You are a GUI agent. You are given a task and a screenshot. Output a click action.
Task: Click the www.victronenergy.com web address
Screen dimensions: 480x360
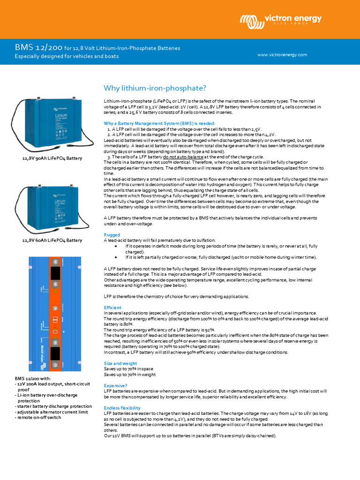[282, 55]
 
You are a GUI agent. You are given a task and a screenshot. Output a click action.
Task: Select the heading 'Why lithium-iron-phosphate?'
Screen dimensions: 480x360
[155, 88]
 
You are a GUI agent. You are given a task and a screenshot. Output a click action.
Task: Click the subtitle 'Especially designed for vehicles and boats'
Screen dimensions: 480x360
[66, 56]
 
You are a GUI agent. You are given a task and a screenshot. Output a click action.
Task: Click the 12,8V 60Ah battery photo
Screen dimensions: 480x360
[52, 207]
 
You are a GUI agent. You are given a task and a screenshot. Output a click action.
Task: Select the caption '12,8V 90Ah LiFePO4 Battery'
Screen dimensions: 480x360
[52, 158]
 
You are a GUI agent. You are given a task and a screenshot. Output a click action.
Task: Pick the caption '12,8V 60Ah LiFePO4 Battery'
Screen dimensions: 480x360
[52, 240]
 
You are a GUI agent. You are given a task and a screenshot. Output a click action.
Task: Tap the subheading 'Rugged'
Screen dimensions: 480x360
[112, 235]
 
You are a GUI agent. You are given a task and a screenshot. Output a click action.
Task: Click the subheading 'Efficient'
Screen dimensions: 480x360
[112, 307]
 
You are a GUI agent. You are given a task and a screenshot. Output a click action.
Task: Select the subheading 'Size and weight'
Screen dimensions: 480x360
[120, 363]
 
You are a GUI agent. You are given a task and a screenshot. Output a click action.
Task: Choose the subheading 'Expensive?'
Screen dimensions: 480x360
[115, 385]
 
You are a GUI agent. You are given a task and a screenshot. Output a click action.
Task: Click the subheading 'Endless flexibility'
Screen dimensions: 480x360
[122, 408]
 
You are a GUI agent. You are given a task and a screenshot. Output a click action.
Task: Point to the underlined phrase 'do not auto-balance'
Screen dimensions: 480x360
[183, 157]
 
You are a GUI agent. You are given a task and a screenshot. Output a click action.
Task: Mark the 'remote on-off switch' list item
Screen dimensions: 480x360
[38, 417]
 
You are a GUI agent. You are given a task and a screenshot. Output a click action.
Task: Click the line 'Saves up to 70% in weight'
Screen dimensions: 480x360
[129, 375]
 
